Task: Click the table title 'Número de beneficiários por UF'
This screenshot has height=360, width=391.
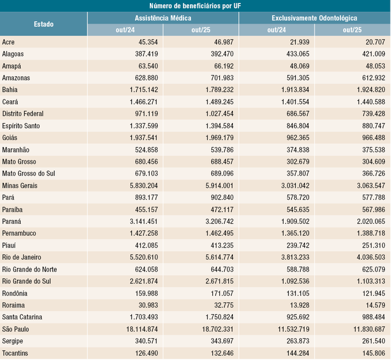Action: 195,6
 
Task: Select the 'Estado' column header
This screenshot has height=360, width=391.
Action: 44,24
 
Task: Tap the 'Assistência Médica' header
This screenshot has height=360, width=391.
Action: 163,18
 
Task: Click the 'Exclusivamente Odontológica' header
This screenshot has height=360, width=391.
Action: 314,18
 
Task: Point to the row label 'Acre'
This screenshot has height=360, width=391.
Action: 9,42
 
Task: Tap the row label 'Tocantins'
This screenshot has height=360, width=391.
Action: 16,352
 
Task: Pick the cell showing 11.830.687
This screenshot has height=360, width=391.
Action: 363,329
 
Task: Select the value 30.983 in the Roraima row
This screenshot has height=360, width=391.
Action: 144,305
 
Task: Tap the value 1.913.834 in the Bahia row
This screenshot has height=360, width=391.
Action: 289,90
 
